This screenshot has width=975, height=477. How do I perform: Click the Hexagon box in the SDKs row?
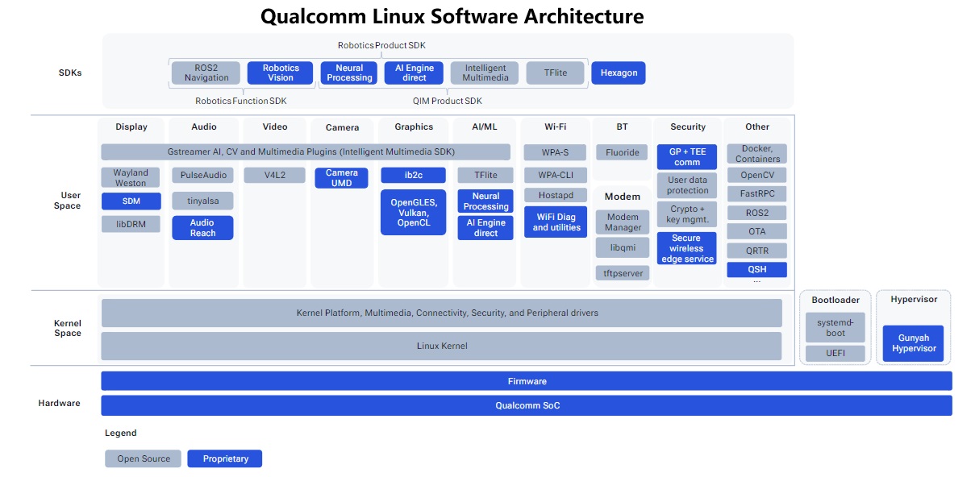click(x=619, y=73)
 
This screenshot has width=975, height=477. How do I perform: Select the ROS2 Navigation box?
click(x=206, y=73)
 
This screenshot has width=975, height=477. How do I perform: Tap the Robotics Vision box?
click(x=281, y=73)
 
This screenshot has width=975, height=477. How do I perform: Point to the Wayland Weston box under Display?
click(x=131, y=177)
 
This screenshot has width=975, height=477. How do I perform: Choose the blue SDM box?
click(x=131, y=201)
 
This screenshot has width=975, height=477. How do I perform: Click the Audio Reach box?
click(x=202, y=228)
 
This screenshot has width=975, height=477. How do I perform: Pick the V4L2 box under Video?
click(x=274, y=175)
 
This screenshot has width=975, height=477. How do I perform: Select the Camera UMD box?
click(x=341, y=178)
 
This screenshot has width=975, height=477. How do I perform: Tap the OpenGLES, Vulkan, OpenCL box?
click(x=413, y=212)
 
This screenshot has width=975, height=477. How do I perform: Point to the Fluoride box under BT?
click(x=622, y=152)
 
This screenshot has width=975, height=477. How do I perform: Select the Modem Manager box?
click(x=623, y=222)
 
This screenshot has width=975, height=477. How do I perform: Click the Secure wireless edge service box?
click(x=686, y=248)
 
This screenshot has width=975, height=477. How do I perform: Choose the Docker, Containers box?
click(x=756, y=154)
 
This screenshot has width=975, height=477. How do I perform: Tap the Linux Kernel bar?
click(x=441, y=346)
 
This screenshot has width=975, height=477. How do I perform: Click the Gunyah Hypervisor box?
click(x=913, y=344)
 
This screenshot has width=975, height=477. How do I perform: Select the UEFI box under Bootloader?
click(x=835, y=353)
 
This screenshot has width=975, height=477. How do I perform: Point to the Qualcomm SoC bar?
click(x=527, y=405)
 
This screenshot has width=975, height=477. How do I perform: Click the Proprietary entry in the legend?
click(x=225, y=458)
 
